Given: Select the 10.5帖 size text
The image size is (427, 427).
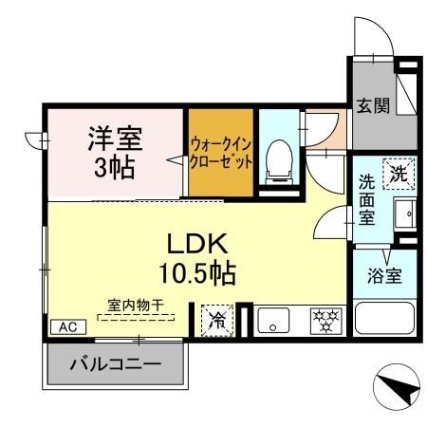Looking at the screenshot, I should pyautogui.click(x=197, y=274).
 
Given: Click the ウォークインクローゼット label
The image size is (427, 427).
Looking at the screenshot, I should pyautogui.click(x=221, y=154).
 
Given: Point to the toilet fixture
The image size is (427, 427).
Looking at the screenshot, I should pyautogui.click(x=279, y=159).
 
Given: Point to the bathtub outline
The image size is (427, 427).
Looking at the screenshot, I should pyautogui.click(x=383, y=316).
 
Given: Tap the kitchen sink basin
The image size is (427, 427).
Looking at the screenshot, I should pyautogui.click(x=271, y=321).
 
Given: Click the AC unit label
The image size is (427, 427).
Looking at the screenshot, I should pyautogui.click(x=66, y=325).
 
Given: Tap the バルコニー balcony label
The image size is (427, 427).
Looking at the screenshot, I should pyautogui.click(x=114, y=364).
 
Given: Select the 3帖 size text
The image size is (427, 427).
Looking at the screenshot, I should pyautogui.click(x=115, y=169).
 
